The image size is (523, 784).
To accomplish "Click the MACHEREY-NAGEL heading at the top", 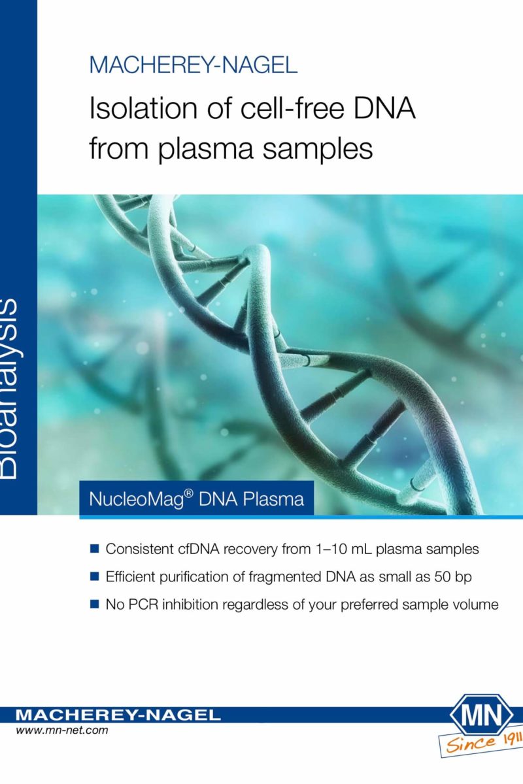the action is tap(194, 65).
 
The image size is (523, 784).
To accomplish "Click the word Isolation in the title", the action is tap(144, 108).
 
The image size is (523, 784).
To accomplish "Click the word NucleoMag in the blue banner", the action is tap(137, 499).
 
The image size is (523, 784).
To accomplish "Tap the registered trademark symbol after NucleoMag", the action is tap(189, 494).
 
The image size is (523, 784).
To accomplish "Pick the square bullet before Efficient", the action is tap(94, 576).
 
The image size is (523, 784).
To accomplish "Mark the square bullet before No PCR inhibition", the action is tap(94, 604).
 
